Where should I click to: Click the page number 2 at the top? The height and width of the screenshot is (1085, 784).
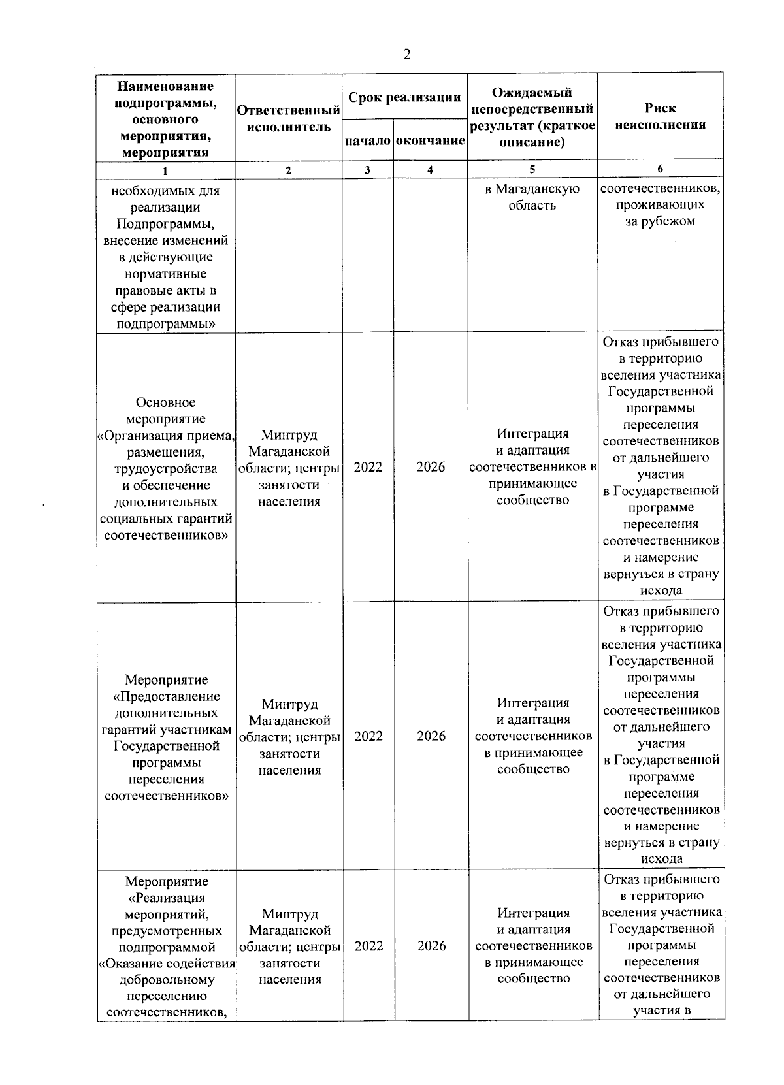tap(406, 56)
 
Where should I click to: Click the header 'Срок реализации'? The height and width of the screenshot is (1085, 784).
tap(404, 98)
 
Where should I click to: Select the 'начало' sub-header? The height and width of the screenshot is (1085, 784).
tap(368, 141)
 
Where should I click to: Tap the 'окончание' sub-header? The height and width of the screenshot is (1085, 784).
tap(431, 141)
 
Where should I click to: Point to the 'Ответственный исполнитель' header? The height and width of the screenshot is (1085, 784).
tap(289, 118)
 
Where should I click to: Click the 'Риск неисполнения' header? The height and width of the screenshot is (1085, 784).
tap(660, 116)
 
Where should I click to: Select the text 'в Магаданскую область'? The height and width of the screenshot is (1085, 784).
tap(532, 197)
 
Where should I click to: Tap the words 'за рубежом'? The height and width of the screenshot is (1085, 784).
tap(660, 221)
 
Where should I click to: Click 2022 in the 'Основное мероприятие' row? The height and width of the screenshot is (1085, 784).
tap(368, 467)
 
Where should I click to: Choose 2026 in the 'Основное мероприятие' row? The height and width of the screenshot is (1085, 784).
tap(431, 467)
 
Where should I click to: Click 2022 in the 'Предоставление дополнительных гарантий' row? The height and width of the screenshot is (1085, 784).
tap(368, 736)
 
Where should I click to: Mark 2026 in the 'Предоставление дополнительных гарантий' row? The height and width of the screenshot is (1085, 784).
tap(431, 736)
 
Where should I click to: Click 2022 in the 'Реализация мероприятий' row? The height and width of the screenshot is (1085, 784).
tap(368, 946)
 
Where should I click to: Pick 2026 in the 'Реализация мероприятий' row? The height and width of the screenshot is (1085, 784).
tap(431, 946)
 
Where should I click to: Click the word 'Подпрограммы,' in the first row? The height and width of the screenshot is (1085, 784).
tap(165, 224)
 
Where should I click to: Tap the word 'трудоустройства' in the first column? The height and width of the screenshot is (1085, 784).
tap(165, 469)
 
